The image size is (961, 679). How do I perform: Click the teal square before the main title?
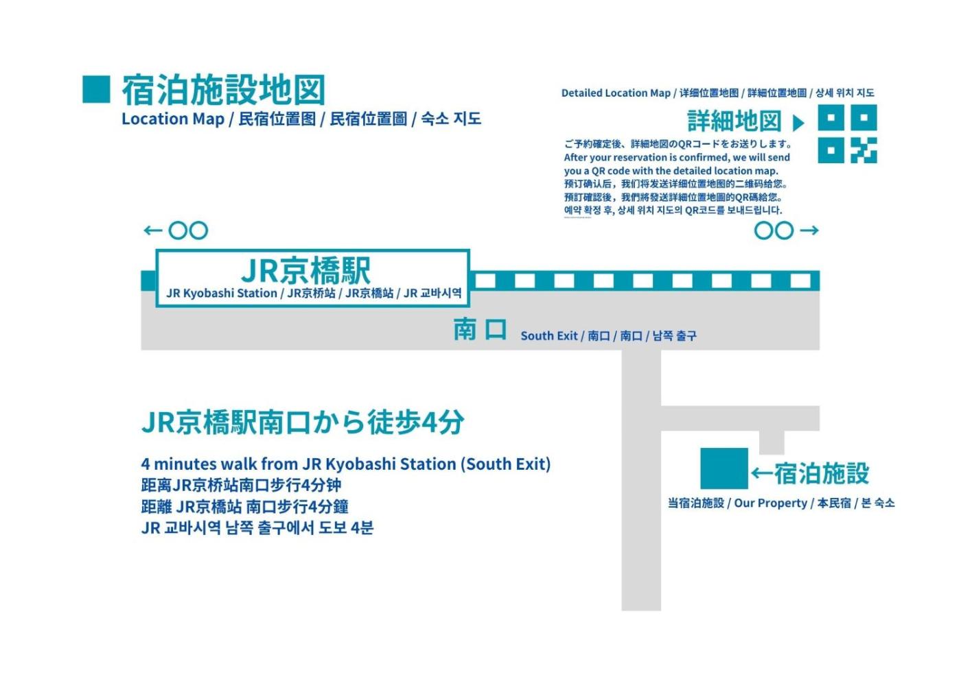(x=96, y=89)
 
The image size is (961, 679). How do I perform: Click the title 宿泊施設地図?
(x=223, y=90)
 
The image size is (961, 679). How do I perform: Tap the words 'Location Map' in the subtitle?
(x=173, y=119)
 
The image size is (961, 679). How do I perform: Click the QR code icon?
(x=847, y=134)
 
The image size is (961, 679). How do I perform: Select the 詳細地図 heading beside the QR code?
(x=734, y=121)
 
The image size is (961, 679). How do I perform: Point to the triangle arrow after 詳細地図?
(x=798, y=123)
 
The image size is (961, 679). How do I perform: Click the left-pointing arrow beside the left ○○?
(x=152, y=230)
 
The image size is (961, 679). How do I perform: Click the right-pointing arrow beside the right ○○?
(x=809, y=230)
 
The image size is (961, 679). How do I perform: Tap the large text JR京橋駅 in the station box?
(x=306, y=270)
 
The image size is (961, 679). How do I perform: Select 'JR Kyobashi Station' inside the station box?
(x=222, y=294)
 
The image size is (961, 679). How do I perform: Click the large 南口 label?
(x=480, y=330)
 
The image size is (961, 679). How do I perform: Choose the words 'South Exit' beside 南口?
(x=549, y=336)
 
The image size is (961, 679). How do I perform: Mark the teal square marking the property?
(x=723, y=468)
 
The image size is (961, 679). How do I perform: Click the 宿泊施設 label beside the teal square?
(x=821, y=473)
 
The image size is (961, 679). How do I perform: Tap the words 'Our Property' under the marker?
(x=770, y=503)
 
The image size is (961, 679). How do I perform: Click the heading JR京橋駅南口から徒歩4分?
(x=303, y=422)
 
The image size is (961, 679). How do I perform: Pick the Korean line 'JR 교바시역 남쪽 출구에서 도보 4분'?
(x=257, y=528)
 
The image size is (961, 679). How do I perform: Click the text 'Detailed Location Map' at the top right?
(x=616, y=93)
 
